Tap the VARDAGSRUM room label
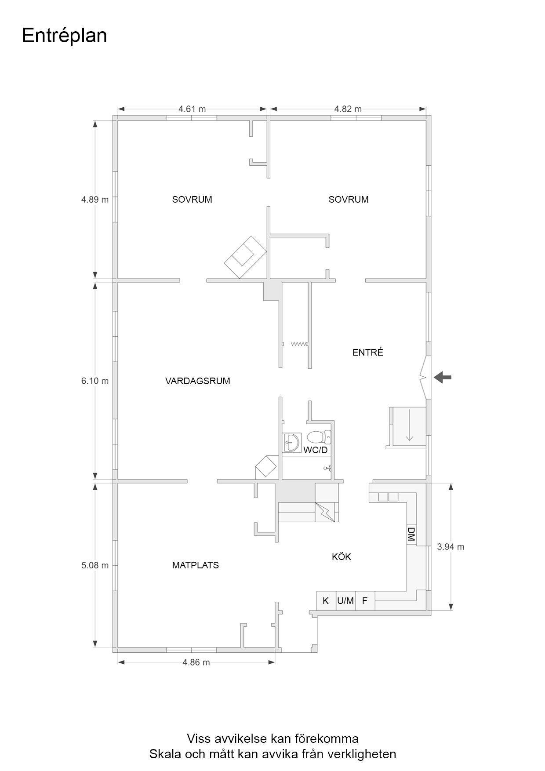coord(198,381)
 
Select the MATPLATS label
coord(196,565)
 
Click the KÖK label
coord(342,556)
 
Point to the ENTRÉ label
coord(368,352)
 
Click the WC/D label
coord(316,450)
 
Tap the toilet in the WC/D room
coord(319,437)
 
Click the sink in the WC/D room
coord(292,441)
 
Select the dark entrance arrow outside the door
coord(443,377)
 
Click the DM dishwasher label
coord(411,534)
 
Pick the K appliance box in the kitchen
coord(326,600)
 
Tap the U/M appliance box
coord(345,600)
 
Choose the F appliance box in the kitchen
coord(365,600)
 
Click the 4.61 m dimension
coord(192,109)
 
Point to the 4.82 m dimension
coord(348,109)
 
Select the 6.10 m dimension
coord(95,381)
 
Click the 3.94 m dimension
coord(451,547)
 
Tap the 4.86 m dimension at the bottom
coord(196,662)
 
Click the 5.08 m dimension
coord(95,565)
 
